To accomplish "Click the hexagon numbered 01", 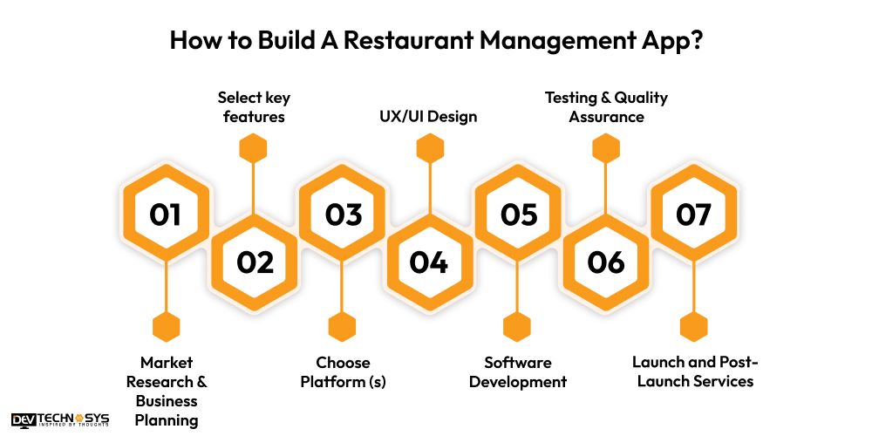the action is coord(166,215).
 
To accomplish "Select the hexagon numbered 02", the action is coord(254,262).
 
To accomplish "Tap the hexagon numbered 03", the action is coord(342,215).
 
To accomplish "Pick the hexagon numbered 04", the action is coord(429,262).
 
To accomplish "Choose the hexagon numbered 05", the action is coord(518,215).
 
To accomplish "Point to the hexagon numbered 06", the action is coord(606,262).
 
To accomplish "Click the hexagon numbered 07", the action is coord(694,215).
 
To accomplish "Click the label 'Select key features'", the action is coord(254,106).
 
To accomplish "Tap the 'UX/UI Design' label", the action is coord(428,116).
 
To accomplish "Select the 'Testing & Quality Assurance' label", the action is coord(606,106).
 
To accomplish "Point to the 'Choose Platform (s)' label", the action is coord(343,372).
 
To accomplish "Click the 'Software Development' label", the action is coord(518,372).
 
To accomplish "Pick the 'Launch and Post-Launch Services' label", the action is coord(695,372).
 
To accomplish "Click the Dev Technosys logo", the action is coord(60,420).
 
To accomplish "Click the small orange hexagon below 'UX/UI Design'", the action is coord(430,148).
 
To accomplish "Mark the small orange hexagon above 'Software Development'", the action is coord(517,326).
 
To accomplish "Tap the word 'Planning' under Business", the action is coord(167,420).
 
